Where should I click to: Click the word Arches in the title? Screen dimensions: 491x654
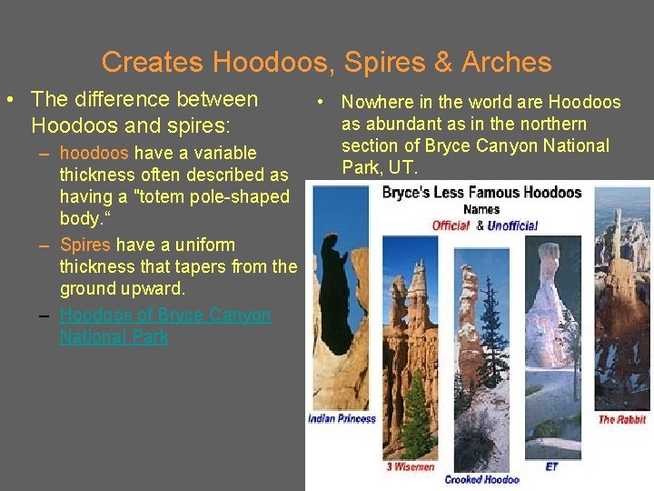[506, 62]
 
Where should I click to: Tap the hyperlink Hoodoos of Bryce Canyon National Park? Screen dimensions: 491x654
[164, 326]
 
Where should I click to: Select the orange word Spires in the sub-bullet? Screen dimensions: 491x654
[84, 245]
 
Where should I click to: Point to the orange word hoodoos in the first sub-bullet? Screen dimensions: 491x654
[94, 153]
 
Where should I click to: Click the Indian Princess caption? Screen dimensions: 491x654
[342, 419]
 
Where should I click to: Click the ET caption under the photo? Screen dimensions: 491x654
[551, 466]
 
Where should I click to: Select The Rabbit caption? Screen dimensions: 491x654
[622, 419]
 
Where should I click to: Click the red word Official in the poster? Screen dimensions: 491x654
[451, 225]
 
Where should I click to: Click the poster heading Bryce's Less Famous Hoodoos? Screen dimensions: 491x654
[481, 193]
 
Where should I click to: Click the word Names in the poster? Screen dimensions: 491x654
[481, 210]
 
